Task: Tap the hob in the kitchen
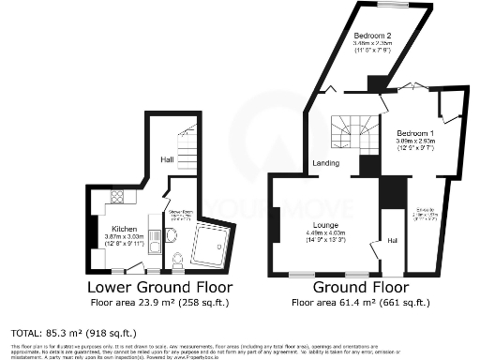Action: [118, 197]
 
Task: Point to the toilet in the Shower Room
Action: [176, 260]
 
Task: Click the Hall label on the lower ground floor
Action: [165, 159]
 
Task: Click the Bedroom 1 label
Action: [412, 132]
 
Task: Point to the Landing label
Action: [326, 164]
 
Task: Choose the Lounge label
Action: [326, 226]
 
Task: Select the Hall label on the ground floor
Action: [392, 241]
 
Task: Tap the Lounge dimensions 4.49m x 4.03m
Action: [326, 234]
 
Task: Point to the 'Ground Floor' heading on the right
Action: [361, 288]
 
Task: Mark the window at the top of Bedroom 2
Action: [393, 6]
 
